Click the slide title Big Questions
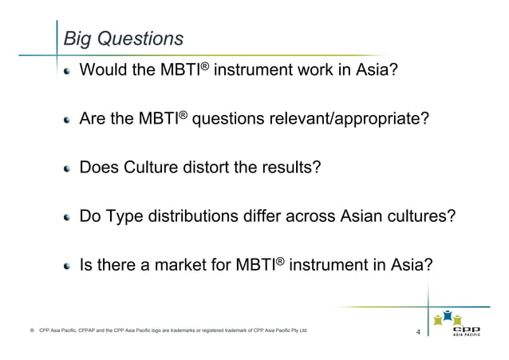123,38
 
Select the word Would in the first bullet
102,73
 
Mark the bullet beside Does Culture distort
69,168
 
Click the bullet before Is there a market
69,264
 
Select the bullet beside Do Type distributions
69,216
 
